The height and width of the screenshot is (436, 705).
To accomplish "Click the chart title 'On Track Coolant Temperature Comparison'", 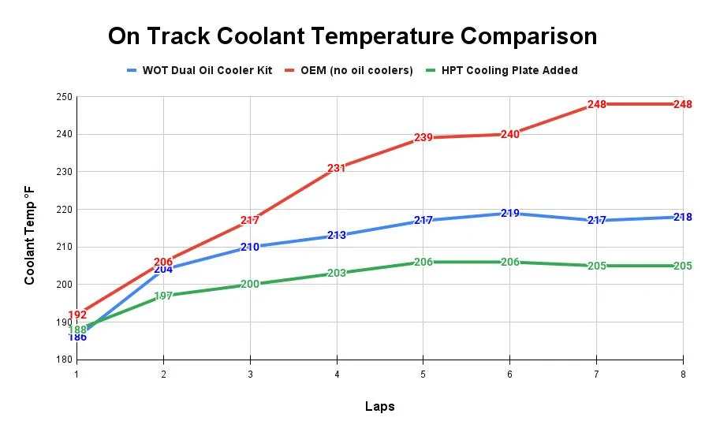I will point(352,35).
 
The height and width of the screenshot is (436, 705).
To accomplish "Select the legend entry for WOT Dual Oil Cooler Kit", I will point(207,70).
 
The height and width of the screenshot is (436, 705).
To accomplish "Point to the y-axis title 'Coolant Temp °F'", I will point(29,234).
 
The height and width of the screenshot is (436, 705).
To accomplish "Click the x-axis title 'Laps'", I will point(379,407).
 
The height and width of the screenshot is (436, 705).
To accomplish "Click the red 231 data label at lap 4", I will point(337,168).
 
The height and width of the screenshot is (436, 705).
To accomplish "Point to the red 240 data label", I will point(509,134).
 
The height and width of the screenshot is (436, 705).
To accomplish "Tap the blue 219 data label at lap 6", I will point(509,213).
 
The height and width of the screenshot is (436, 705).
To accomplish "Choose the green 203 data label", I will point(337,274).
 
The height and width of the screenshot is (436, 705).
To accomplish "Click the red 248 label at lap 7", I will point(596,104).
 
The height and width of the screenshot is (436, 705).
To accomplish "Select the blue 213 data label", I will point(337,235).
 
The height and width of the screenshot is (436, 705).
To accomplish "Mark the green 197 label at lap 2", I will point(163,296).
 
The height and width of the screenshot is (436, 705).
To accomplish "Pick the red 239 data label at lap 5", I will point(423,138).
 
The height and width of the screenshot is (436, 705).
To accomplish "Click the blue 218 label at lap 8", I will point(682,217).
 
